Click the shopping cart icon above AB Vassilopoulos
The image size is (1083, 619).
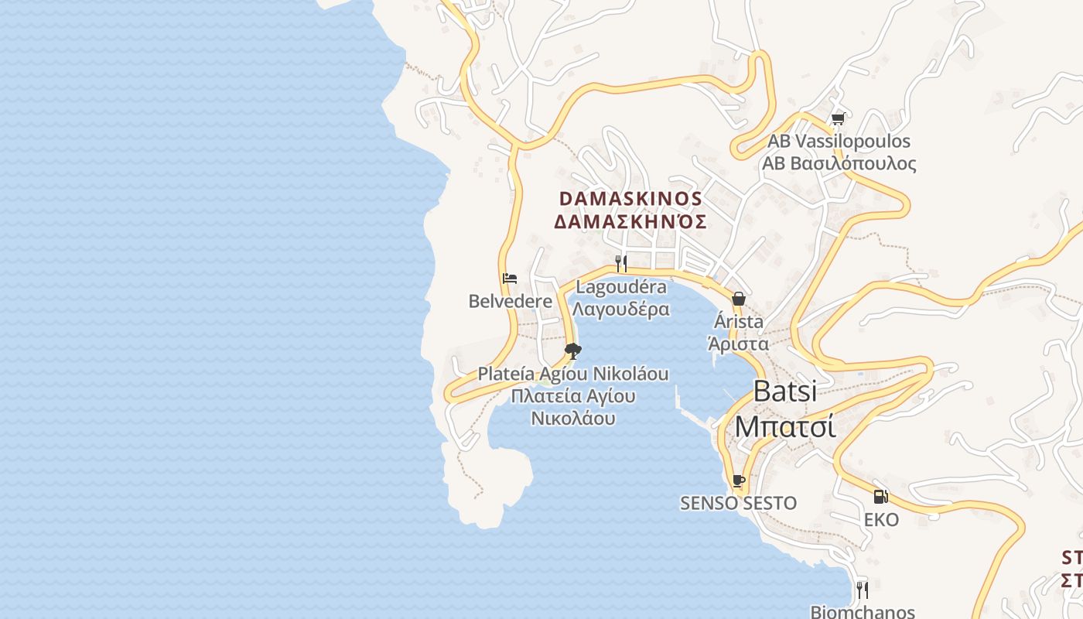[x=838, y=119]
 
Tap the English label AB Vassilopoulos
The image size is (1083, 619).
[x=839, y=142]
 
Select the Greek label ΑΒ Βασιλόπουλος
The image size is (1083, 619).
[x=839, y=163]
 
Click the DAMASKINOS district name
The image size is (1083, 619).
[x=630, y=199]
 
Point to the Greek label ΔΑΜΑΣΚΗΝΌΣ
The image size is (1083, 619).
[x=630, y=222]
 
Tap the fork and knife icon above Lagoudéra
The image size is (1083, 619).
[x=620, y=264]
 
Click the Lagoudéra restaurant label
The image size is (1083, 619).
[x=621, y=287]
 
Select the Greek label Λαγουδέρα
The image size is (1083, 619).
[x=621, y=309]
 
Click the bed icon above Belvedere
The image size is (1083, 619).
[x=509, y=279]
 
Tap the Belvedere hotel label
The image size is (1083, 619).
[x=511, y=301]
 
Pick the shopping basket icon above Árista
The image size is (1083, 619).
[x=739, y=299]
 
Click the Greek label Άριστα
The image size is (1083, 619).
[x=738, y=344]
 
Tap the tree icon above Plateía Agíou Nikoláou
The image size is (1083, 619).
[x=572, y=352]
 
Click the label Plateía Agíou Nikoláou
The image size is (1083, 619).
[x=572, y=374]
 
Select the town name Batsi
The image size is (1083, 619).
[x=784, y=391]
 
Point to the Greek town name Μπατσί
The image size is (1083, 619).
[x=784, y=426]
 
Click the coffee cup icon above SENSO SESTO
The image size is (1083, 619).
[x=738, y=481]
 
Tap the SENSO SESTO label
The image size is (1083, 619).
[x=738, y=503]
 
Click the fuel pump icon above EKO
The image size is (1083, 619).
[x=880, y=497]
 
